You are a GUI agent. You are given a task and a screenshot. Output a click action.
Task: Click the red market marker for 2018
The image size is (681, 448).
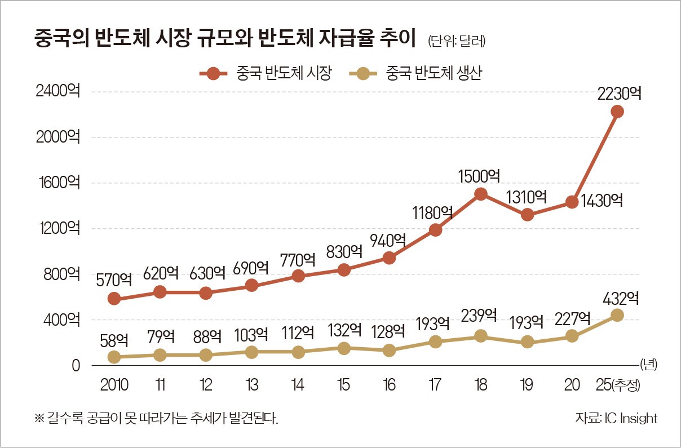click(x=480, y=194)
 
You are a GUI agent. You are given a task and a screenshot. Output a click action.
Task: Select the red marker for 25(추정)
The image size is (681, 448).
click(x=617, y=112)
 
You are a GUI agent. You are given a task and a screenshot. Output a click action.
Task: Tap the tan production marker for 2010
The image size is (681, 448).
click(x=114, y=357)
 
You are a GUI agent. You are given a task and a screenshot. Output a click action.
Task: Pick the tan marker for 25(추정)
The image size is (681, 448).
click(x=617, y=315)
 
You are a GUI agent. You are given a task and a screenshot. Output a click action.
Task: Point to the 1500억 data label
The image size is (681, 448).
click(x=480, y=175)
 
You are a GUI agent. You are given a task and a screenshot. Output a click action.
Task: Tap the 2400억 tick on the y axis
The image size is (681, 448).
click(x=58, y=91)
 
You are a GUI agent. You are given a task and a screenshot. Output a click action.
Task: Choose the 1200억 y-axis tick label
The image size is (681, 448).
click(x=58, y=228)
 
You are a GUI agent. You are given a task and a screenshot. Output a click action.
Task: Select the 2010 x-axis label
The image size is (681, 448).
click(x=114, y=385)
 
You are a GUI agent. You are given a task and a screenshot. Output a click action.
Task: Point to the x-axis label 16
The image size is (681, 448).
click(x=388, y=385)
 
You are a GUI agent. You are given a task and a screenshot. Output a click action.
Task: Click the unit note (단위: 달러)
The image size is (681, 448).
click(x=456, y=41)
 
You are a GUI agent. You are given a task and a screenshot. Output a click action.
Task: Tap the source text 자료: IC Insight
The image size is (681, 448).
click(x=616, y=418)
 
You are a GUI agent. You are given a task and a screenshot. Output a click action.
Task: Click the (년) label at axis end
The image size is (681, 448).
click(x=649, y=365)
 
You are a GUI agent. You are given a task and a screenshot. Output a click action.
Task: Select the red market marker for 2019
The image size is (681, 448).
click(x=527, y=215)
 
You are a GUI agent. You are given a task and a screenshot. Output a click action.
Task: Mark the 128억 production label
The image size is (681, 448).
click(x=388, y=330)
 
